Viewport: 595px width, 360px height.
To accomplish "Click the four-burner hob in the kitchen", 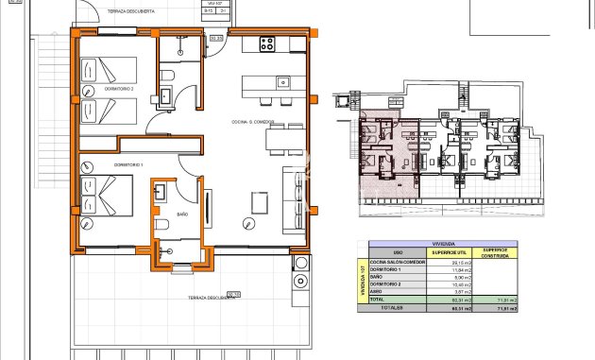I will (266, 43).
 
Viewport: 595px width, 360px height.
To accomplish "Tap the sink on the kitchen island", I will (281, 82).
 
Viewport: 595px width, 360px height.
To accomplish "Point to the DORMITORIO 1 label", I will (127, 164).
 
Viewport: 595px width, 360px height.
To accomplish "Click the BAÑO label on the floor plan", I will (182, 215).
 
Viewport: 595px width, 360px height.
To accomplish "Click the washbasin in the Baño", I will (158, 192).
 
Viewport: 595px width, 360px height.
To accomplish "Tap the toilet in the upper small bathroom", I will (165, 75).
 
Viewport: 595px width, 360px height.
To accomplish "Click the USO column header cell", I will (398, 251).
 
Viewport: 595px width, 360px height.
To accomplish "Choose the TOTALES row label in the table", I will (392, 307).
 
